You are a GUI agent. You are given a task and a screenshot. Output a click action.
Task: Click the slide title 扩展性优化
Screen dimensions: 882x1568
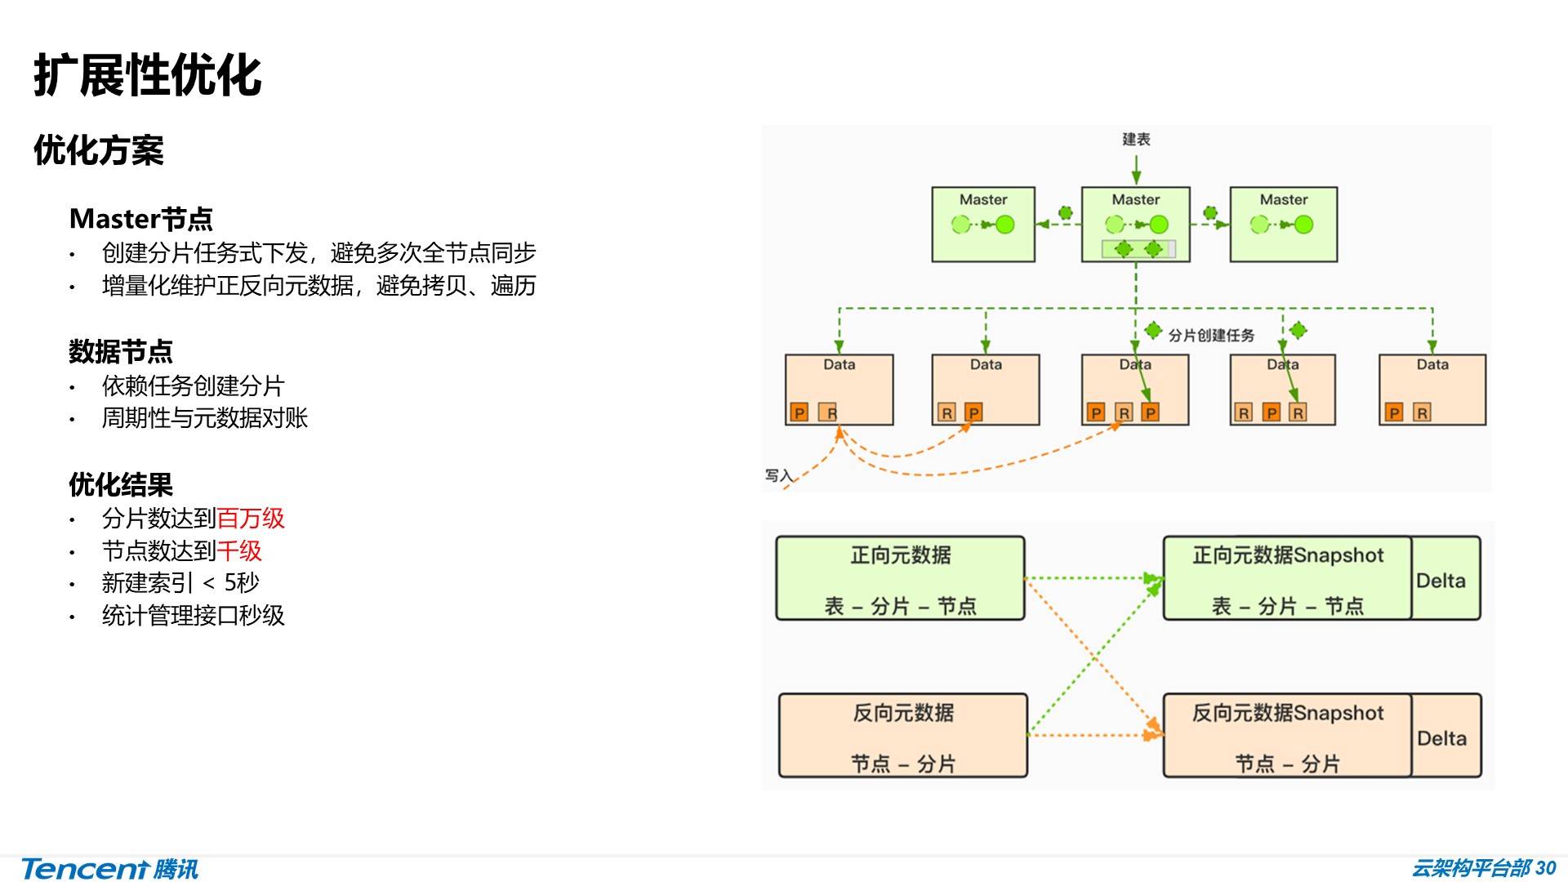pyautogui.click(x=148, y=75)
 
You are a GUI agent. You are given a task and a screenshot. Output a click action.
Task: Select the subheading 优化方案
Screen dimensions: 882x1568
pyautogui.click(x=99, y=151)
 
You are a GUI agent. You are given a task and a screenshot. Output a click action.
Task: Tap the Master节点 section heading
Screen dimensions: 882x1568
pyautogui.click(x=141, y=219)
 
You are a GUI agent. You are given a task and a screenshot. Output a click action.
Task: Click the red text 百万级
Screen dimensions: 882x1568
pyautogui.click(x=251, y=519)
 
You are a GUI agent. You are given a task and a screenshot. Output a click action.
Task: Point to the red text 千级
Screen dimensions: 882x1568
pyautogui.click(x=239, y=551)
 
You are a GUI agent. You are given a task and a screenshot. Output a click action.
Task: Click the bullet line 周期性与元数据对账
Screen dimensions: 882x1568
pyautogui.click(x=204, y=418)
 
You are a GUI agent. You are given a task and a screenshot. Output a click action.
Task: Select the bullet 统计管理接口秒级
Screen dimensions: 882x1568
pyautogui.click(x=193, y=616)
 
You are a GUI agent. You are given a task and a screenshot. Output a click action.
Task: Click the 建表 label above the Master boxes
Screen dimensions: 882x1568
pyautogui.click(x=1136, y=140)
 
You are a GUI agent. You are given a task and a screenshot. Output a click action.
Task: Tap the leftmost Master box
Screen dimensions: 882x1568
pyautogui.click(x=983, y=225)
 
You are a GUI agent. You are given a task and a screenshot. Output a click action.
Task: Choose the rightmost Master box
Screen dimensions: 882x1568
pyautogui.click(x=1283, y=225)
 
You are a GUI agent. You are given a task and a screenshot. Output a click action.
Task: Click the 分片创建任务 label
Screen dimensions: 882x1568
pyautogui.click(x=1211, y=336)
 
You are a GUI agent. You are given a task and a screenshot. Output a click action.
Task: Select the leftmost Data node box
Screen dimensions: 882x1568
pyautogui.click(x=839, y=390)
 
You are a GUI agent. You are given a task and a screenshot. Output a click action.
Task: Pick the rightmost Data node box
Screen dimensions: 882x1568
pyautogui.click(x=1432, y=390)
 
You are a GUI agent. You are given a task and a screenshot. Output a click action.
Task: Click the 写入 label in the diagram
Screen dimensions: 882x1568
pyautogui.click(x=778, y=476)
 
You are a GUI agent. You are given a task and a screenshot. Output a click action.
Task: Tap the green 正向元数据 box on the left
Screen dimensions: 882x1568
pyautogui.click(x=900, y=578)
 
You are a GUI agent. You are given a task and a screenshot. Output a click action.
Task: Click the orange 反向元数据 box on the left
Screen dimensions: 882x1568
pyautogui.click(x=902, y=736)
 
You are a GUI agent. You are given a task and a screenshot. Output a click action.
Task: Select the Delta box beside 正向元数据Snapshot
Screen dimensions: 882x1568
pyautogui.click(x=1445, y=579)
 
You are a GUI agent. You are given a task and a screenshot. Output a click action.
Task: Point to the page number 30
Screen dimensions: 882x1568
pyautogui.click(x=1546, y=868)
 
